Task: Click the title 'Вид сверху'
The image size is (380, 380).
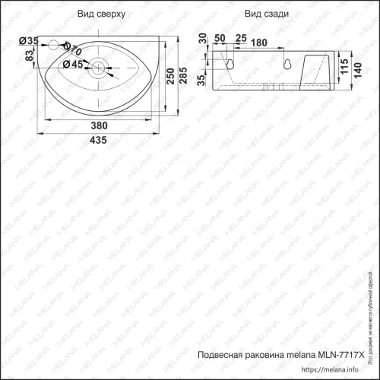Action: (97, 14)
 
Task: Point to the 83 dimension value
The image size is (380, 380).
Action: (30, 57)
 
